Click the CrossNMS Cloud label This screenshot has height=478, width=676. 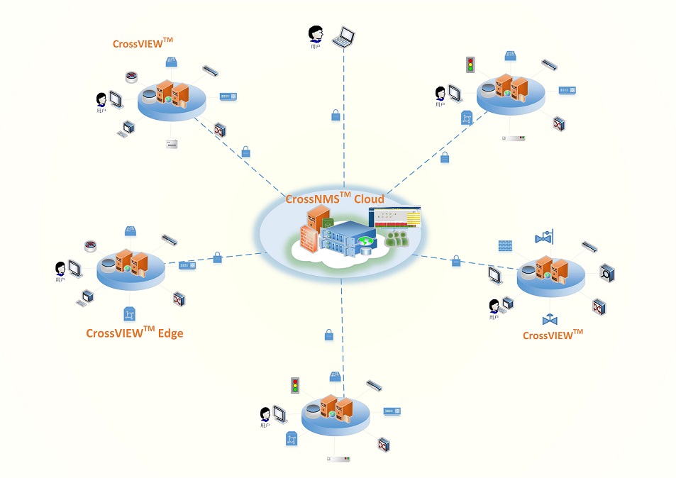335,199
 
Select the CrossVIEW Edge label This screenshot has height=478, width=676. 135,332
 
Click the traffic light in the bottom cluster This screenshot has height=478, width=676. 295,386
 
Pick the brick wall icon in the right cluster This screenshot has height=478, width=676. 505,245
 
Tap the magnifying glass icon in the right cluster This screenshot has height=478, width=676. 607,270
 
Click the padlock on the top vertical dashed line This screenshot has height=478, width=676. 336,115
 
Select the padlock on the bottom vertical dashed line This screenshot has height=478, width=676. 328,335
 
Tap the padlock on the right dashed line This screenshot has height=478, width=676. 456,262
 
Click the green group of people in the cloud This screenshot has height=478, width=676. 397,238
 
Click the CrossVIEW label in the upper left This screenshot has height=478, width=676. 143,43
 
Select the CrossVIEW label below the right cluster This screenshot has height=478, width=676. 553,335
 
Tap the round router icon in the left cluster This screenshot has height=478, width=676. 90,247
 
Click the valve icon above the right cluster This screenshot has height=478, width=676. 545,236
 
